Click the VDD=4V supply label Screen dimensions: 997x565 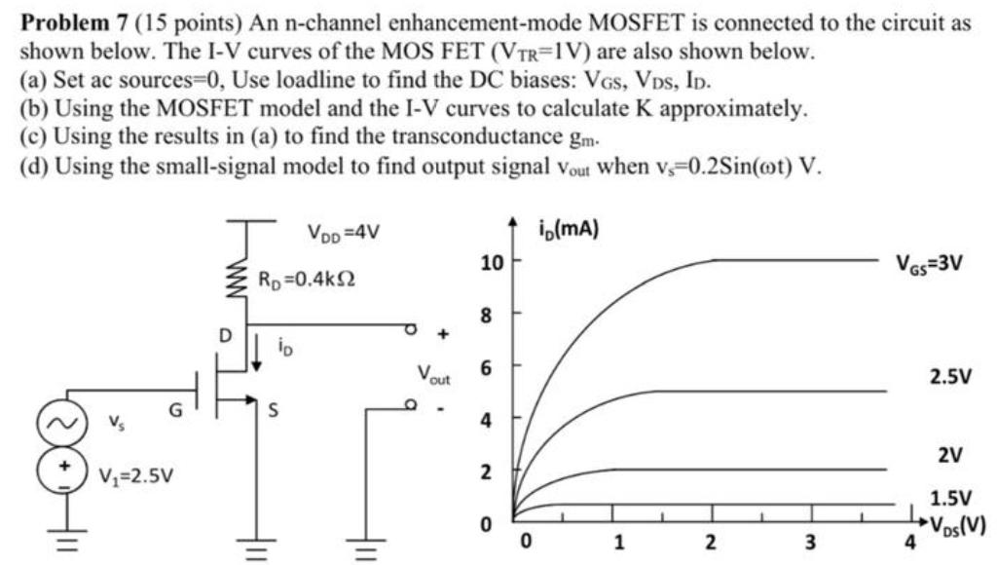pos(342,233)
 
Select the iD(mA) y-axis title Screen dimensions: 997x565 pos(568,231)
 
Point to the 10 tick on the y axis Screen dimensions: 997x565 pos(493,262)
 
